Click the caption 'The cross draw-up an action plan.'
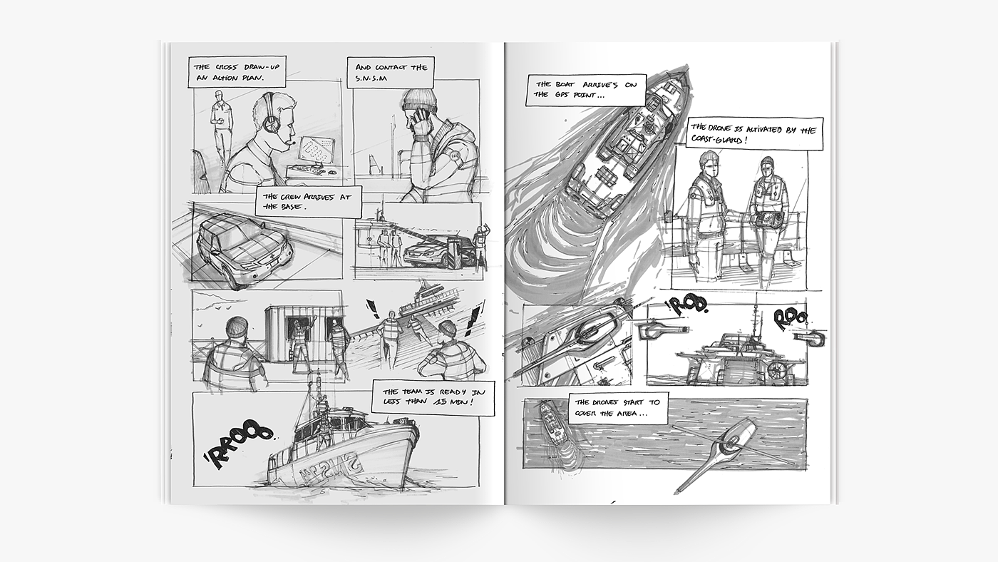pyautogui.click(x=237, y=72)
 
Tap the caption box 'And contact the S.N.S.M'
pyautogui.click(x=391, y=72)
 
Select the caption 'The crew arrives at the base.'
pyautogui.click(x=308, y=201)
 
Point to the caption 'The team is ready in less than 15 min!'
pyautogui.click(x=433, y=398)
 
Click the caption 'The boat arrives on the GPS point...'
pyautogui.click(x=586, y=90)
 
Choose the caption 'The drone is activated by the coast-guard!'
pyautogui.click(x=755, y=134)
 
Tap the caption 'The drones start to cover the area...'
pyautogui.click(x=618, y=408)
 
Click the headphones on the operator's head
pyautogui.click(x=270, y=114)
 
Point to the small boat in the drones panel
pyautogui.click(x=554, y=428)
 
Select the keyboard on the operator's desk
pyautogui.click(x=304, y=170)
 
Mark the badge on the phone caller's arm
pyautogui.click(x=455, y=156)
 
